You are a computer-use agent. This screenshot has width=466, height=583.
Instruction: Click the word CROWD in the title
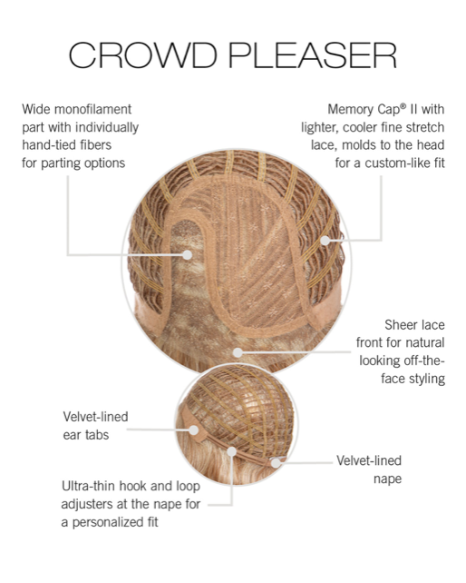[x=142, y=55]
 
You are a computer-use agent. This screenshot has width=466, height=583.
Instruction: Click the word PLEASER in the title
[x=313, y=55]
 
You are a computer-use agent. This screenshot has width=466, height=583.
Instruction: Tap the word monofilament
[x=92, y=109]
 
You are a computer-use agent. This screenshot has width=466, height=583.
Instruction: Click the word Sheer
[x=399, y=325]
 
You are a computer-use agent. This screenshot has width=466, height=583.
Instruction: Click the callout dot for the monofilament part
[x=188, y=254]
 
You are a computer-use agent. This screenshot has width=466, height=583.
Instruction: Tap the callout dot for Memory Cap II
[x=325, y=241]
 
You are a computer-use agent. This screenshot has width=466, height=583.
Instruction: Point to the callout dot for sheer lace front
[x=238, y=352]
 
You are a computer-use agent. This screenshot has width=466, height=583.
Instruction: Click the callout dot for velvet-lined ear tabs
[x=193, y=430]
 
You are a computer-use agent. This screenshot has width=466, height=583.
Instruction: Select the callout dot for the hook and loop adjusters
[x=232, y=451]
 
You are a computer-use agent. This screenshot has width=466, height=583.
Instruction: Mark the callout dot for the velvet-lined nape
[x=275, y=463]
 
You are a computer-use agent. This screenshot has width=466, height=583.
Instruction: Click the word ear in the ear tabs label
[x=71, y=435]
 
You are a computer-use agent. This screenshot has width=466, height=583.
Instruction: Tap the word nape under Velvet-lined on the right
[x=388, y=479]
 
